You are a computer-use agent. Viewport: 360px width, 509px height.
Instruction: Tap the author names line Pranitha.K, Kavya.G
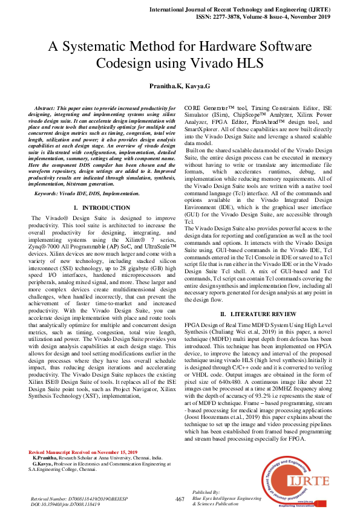pyautogui.click(x=180, y=87)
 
